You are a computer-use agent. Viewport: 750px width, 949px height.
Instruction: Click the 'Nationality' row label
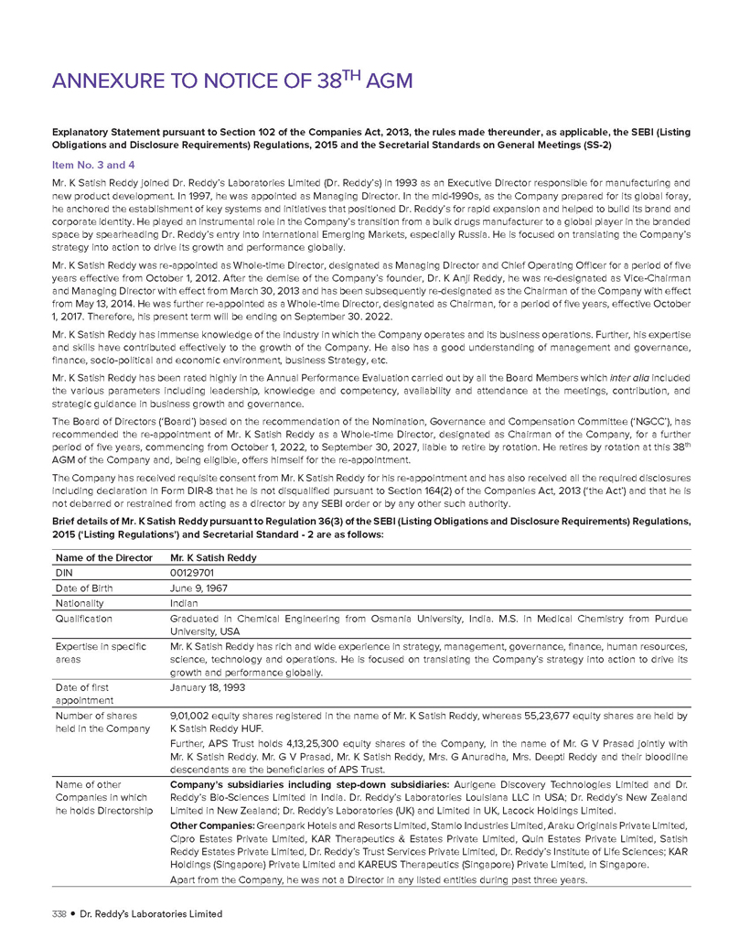(80, 604)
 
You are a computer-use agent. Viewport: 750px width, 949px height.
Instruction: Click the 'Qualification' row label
(84, 620)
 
